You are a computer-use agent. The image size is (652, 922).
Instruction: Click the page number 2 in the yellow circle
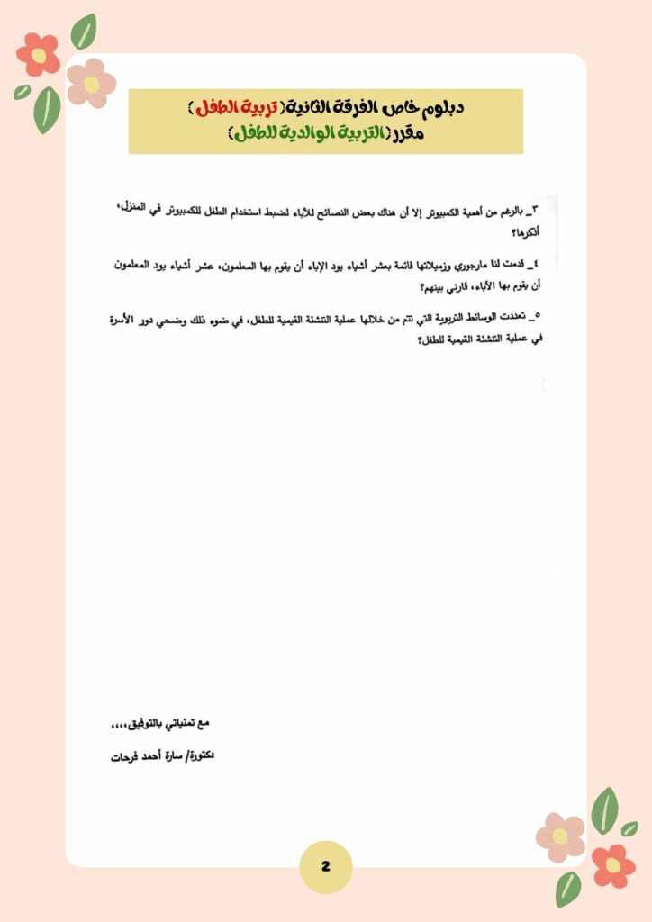[325, 866]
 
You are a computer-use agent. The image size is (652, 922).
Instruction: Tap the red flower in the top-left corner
[38, 54]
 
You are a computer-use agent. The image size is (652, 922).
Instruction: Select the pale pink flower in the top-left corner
[91, 82]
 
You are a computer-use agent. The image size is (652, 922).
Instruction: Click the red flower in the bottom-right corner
[613, 865]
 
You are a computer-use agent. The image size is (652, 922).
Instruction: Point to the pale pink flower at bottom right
[560, 836]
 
